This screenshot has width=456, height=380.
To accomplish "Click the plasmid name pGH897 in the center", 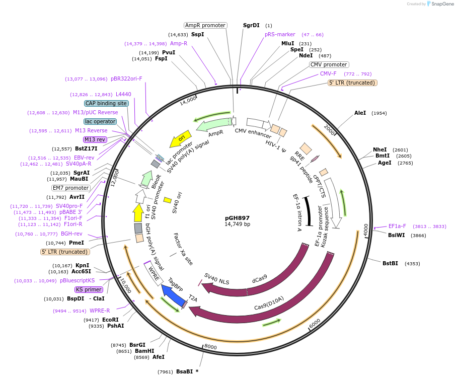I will click(x=237, y=217).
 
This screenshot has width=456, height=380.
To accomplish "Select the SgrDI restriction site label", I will click(x=251, y=25).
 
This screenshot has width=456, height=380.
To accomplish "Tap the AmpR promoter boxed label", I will click(x=205, y=25).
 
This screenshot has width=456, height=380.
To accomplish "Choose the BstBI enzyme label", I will click(x=390, y=263).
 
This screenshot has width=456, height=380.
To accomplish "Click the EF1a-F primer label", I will click(x=397, y=226).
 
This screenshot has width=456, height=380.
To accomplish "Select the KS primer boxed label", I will click(x=89, y=289).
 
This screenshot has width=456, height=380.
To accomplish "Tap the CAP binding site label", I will click(x=106, y=103).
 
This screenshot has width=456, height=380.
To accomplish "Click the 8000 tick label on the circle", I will click(x=210, y=347).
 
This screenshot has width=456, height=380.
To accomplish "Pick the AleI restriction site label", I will click(x=360, y=113).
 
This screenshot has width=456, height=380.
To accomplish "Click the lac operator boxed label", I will click(x=100, y=121).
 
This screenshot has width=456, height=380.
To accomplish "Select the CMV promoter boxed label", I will click(x=329, y=64).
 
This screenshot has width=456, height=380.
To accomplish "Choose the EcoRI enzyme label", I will click(x=111, y=320).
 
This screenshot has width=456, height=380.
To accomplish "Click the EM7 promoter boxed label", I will click(x=71, y=188).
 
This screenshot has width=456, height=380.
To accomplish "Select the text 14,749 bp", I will click(x=237, y=224).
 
